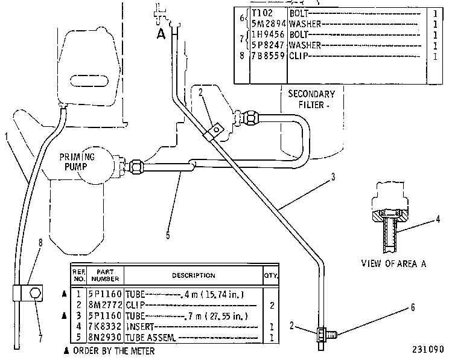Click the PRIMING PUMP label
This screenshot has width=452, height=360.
point(77,162)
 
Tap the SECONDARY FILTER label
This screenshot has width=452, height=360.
point(311,99)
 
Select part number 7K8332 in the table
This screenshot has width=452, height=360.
point(104,327)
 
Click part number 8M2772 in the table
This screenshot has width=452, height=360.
point(104,305)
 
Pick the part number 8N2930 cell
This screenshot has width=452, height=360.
point(104,337)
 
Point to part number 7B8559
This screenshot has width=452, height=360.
point(268,56)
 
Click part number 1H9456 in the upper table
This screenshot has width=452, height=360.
point(268,34)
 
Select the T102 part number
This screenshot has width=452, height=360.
point(262,13)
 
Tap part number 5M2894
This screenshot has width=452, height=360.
point(269,24)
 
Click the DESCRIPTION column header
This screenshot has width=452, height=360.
point(194,275)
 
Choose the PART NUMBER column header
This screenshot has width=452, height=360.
point(105,275)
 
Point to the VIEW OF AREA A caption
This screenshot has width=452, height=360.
point(394,263)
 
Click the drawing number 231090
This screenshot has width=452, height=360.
point(428,349)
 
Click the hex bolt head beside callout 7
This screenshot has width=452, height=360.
point(35,293)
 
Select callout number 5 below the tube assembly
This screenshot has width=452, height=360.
point(168,235)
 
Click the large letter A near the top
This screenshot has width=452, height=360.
point(161,34)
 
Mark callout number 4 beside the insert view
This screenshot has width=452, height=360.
point(438,219)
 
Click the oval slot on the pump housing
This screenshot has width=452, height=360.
point(89,80)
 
